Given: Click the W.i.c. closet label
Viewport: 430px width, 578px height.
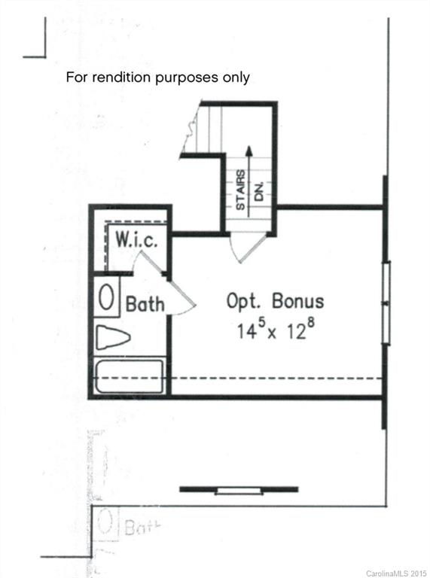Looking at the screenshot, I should tap(136, 241).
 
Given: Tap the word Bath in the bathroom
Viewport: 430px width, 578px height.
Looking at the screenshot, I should tap(145, 305).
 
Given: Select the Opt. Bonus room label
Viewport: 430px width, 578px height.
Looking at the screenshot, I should tap(276, 301).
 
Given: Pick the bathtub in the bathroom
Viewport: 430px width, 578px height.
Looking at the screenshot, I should tap(129, 376).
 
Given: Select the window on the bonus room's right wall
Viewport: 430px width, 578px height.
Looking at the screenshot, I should tap(386, 303).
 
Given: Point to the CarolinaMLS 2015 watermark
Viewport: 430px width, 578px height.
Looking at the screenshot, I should tap(396, 573).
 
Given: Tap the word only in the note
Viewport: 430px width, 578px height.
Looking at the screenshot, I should tap(235, 77).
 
